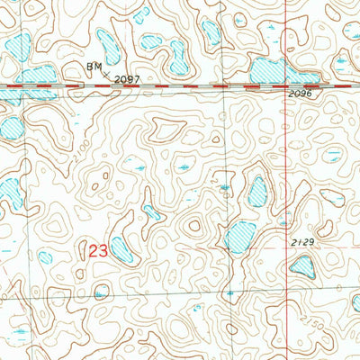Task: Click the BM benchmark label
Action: [x=93, y=67]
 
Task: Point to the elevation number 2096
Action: [x=301, y=94]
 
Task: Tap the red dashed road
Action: [x=180, y=85]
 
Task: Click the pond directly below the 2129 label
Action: [x=303, y=265]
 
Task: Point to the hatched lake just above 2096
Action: [x=270, y=71]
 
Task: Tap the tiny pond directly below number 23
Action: [x=101, y=291]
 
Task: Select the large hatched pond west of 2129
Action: [x=240, y=236]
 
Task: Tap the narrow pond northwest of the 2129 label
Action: [x=257, y=190]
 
